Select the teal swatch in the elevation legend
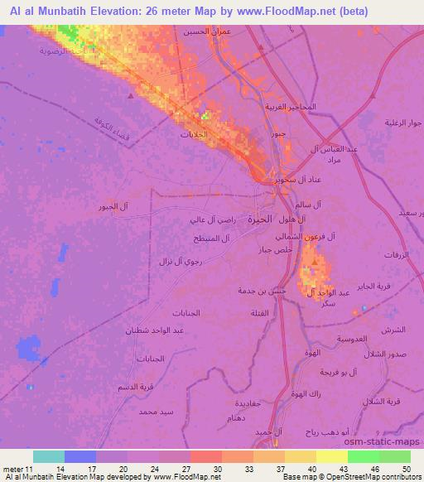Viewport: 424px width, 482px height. (x=48, y=456)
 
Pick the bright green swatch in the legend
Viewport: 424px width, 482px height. (x=363, y=456)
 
